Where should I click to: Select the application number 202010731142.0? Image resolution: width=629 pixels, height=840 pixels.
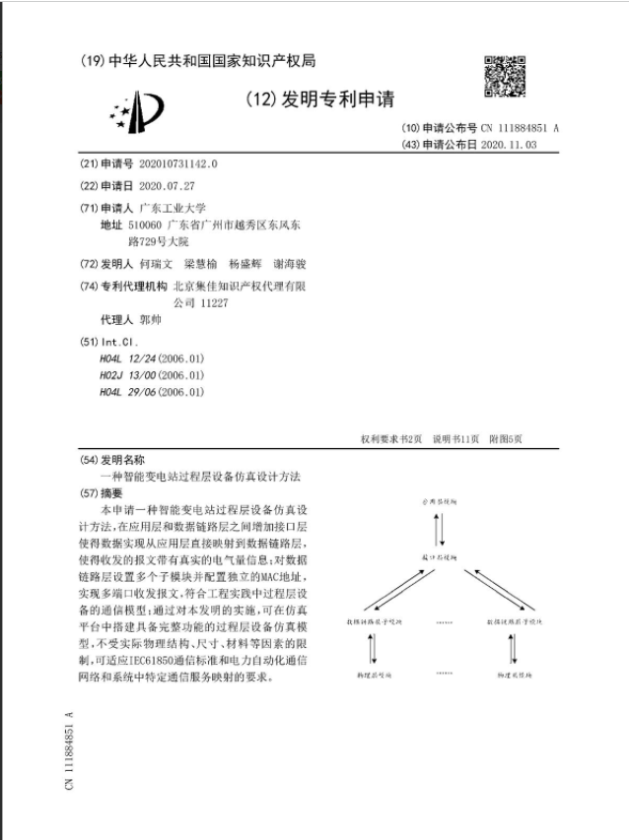178,164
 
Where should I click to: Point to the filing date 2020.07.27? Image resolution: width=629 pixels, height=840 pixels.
168,186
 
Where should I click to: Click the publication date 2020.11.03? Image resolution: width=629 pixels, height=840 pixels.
509,144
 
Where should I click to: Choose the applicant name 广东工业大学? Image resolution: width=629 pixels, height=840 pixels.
173,208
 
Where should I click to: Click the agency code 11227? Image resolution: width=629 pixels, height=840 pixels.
214,303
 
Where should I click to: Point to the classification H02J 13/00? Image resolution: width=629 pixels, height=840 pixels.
152,375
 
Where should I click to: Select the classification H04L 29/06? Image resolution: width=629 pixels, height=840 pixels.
152,392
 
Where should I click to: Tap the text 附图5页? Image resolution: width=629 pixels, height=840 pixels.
506,439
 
